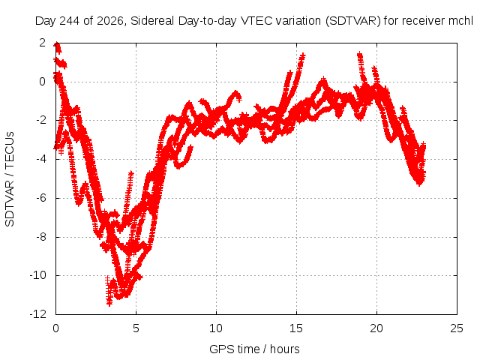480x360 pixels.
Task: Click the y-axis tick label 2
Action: [42, 43]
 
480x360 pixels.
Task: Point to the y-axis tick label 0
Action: [42, 82]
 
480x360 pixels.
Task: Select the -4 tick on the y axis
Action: [40, 159]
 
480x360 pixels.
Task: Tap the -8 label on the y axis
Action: [40, 237]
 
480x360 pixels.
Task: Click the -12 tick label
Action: [38, 314]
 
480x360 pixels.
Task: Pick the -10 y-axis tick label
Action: [38, 275]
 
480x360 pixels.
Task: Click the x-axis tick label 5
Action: [136, 328]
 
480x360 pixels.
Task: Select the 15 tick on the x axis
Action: [296, 328]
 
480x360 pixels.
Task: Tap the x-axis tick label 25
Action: [457, 328]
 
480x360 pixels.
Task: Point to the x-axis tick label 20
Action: [376, 328]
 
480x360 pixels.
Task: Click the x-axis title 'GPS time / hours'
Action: [254, 349]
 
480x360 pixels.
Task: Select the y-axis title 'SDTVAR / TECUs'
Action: [10, 179]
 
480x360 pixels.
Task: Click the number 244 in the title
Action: [69, 21]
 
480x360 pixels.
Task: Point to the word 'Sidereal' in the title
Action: [152, 21]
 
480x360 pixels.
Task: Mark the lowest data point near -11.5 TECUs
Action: [109, 303]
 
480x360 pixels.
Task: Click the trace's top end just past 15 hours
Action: [303, 55]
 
